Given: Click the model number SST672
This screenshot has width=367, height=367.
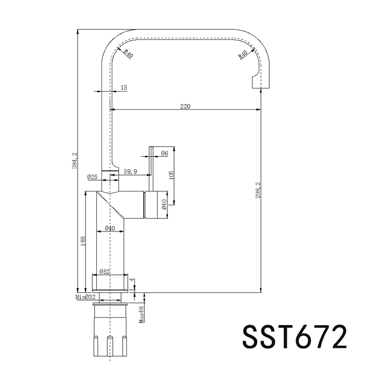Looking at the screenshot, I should pyautogui.click(x=293, y=336).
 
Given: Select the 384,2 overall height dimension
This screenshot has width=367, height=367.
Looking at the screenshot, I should pyautogui.click(x=75, y=160).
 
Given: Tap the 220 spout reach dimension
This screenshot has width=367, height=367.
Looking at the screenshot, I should pyautogui.click(x=185, y=106).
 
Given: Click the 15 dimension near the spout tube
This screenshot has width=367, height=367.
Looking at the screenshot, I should pyautogui.click(x=124, y=88).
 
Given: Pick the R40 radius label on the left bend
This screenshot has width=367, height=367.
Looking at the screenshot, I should pyautogui.click(x=126, y=53).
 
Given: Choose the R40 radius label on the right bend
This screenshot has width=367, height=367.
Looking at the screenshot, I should pyautogui.click(x=243, y=54).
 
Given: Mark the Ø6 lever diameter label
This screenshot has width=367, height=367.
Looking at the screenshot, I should pyautogui.click(x=164, y=153).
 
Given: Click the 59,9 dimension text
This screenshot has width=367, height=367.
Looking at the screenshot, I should pyautogui.click(x=130, y=171).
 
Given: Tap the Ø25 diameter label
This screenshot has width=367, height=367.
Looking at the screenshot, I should pyautogui.click(x=93, y=177).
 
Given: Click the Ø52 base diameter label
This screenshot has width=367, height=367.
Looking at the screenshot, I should pyautogui.click(x=104, y=271).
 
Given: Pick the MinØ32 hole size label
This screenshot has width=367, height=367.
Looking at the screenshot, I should pyautogui.click(x=85, y=297).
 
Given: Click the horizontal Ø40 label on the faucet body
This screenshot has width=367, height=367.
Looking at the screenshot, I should pyautogui.click(x=110, y=228).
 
